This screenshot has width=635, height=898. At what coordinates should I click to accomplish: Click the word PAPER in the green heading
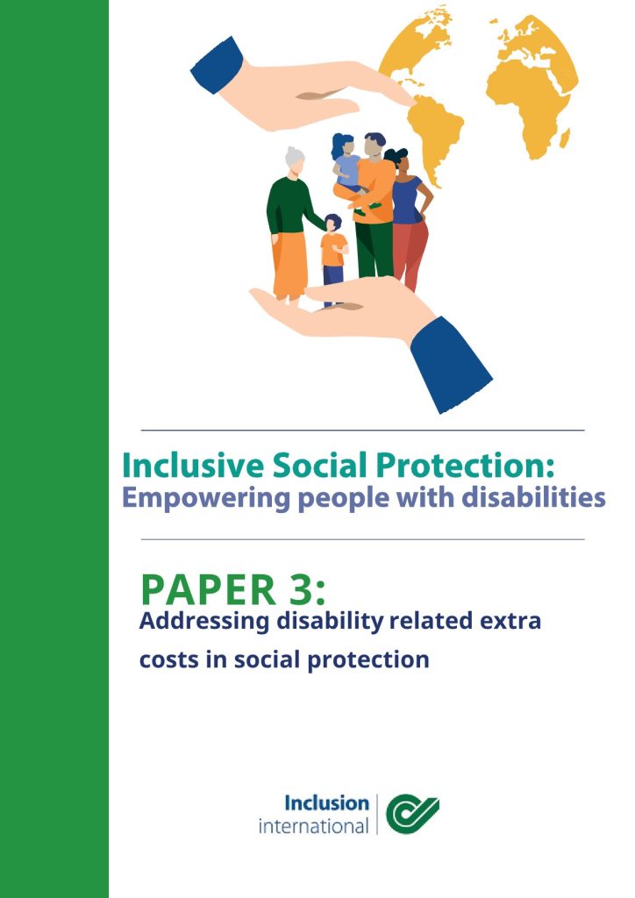[209, 590]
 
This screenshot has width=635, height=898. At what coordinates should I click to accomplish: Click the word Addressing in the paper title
[203, 622]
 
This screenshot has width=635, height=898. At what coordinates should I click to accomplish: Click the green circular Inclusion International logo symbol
[412, 813]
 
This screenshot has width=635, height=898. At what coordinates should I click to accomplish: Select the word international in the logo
[313, 826]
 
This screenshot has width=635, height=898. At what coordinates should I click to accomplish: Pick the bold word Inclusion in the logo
[326, 803]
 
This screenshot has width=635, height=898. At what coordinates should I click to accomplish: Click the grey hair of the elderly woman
[295, 156]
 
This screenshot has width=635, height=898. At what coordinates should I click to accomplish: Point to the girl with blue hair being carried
[346, 163]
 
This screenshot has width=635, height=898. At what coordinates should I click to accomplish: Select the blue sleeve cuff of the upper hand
[217, 65]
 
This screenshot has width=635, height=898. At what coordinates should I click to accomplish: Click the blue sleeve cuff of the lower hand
[450, 364]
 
